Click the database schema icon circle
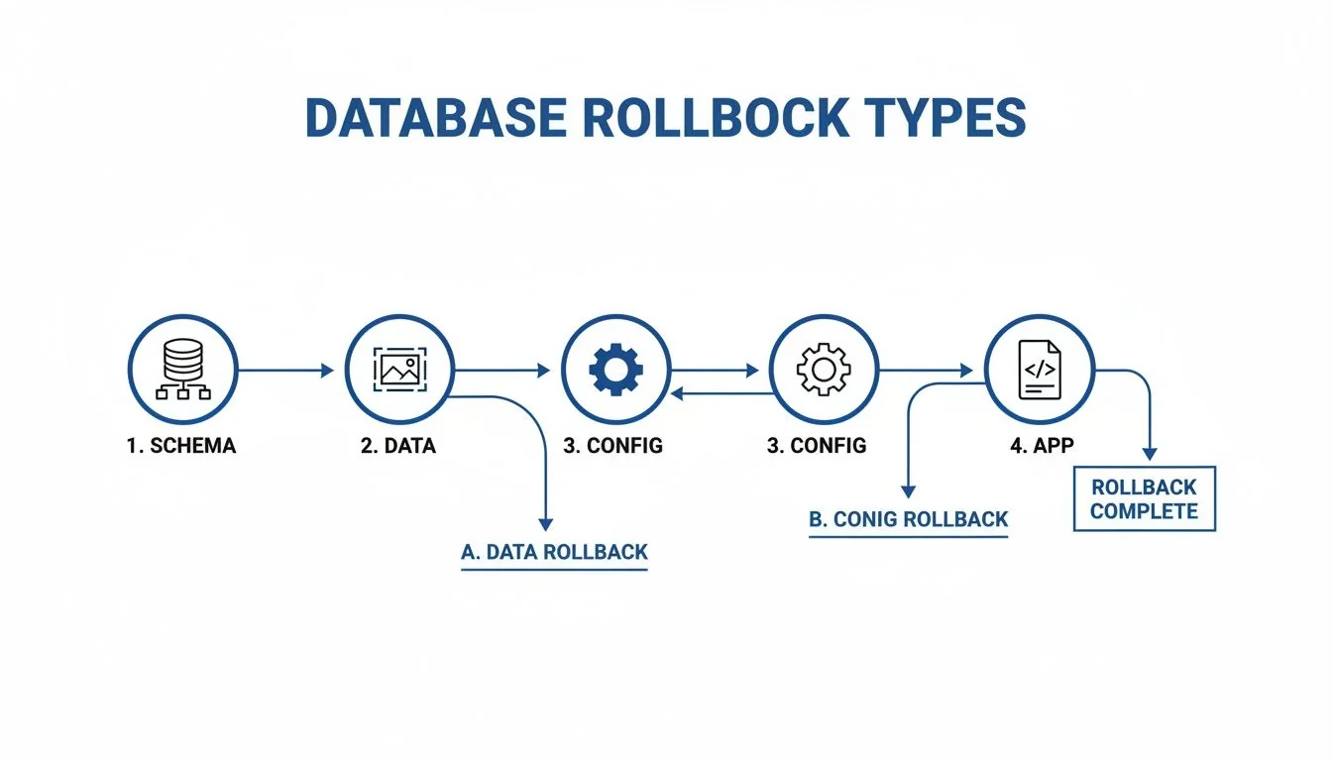(x=183, y=371)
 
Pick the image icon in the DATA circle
(x=399, y=371)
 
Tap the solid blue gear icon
(x=615, y=371)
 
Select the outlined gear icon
(x=824, y=371)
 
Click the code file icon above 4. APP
(x=1039, y=371)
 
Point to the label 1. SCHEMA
(x=181, y=446)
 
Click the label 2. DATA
(x=398, y=446)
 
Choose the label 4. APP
(x=1041, y=446)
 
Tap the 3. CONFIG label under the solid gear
(x=612, y=446)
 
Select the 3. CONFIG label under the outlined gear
(x=817, y=446)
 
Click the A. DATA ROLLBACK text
(x=554, y=552)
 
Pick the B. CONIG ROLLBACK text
(x=908, y=519)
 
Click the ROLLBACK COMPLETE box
(x=1144, y=499)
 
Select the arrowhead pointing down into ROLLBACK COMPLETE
(x=1150, y=452)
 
